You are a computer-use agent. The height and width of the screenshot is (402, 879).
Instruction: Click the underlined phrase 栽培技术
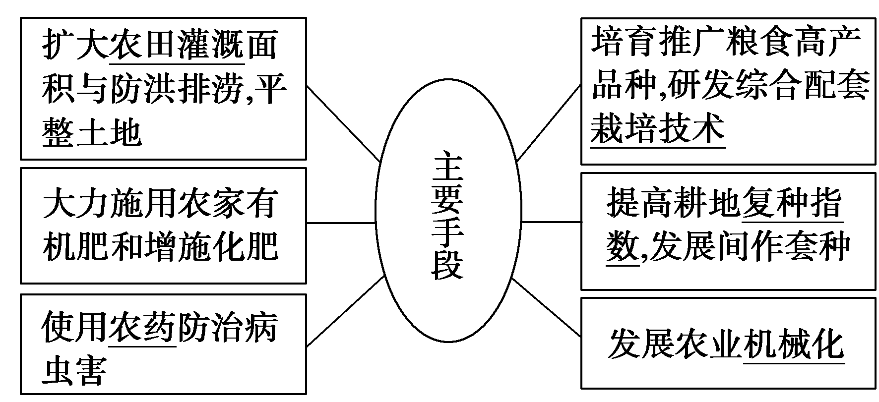658,128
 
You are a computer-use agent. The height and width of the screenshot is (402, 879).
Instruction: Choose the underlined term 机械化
794,343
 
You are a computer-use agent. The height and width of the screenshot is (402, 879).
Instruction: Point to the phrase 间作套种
784,246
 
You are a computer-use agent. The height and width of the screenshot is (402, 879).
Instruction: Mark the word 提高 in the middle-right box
640,203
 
